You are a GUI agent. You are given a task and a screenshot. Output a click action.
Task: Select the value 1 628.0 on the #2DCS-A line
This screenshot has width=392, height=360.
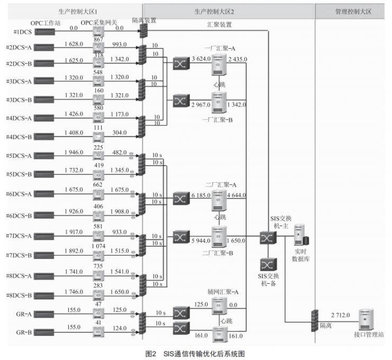[x=74, y=44]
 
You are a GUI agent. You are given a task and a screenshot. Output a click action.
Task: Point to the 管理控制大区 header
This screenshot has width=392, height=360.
[x=353, y=11]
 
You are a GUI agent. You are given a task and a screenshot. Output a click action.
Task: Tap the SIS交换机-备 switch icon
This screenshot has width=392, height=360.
[x=265, y=264]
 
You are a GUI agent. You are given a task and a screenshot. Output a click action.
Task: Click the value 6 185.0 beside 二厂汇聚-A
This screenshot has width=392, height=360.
[x=201, y=196]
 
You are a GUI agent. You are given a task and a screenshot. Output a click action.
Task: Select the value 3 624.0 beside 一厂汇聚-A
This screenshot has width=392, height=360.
[x=201, y=58]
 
